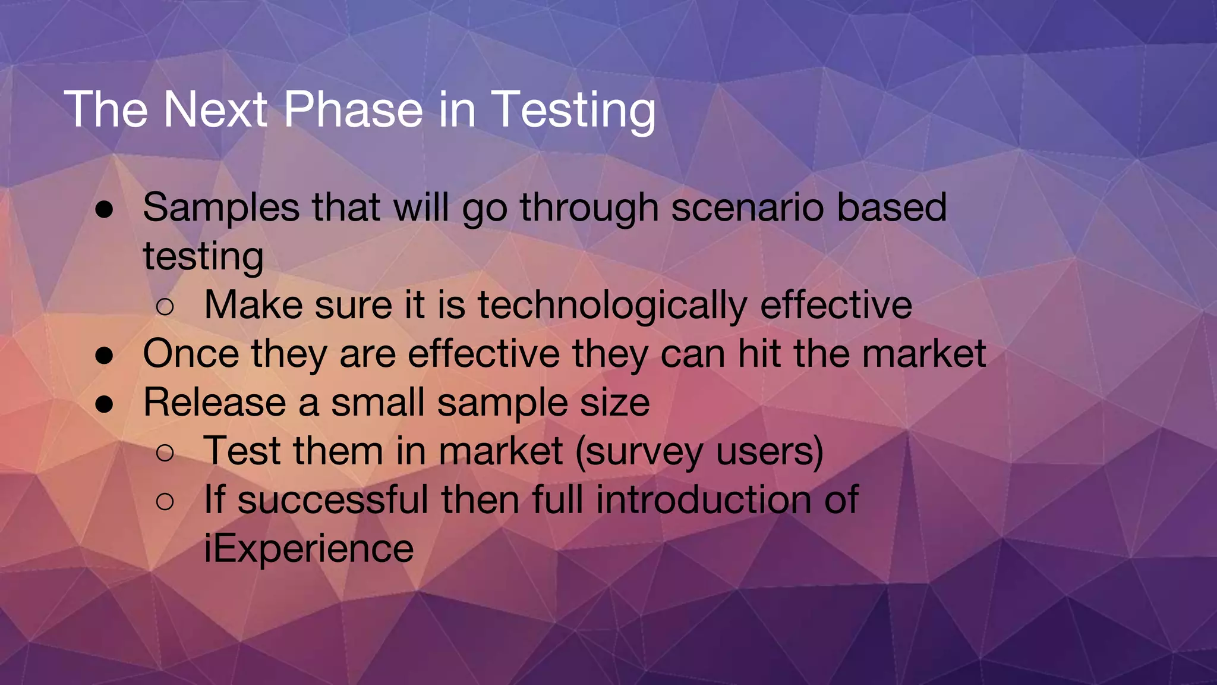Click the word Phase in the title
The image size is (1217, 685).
click(x=352, y=109)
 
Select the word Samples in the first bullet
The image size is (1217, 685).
click(x=221, y=208)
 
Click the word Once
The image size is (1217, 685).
click(x=191, y=354)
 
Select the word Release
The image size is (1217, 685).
click(x=215, y=403)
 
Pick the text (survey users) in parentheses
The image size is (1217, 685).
click(x=699, y=451)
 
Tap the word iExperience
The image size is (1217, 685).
click(x=308, y=548)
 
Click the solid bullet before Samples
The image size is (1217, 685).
click(x=105, y=210)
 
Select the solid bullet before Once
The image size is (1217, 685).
click(x=105, y=356)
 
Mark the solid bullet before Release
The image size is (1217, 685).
click(x=105, y=404)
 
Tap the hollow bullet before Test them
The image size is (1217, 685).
click(x=165, y=453)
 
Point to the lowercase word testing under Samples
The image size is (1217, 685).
click(x=203, y=257)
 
